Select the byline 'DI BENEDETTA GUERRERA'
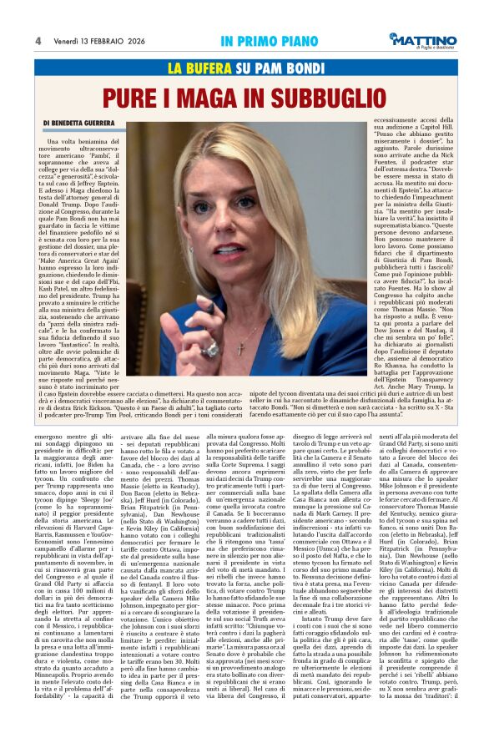(88, 124)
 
